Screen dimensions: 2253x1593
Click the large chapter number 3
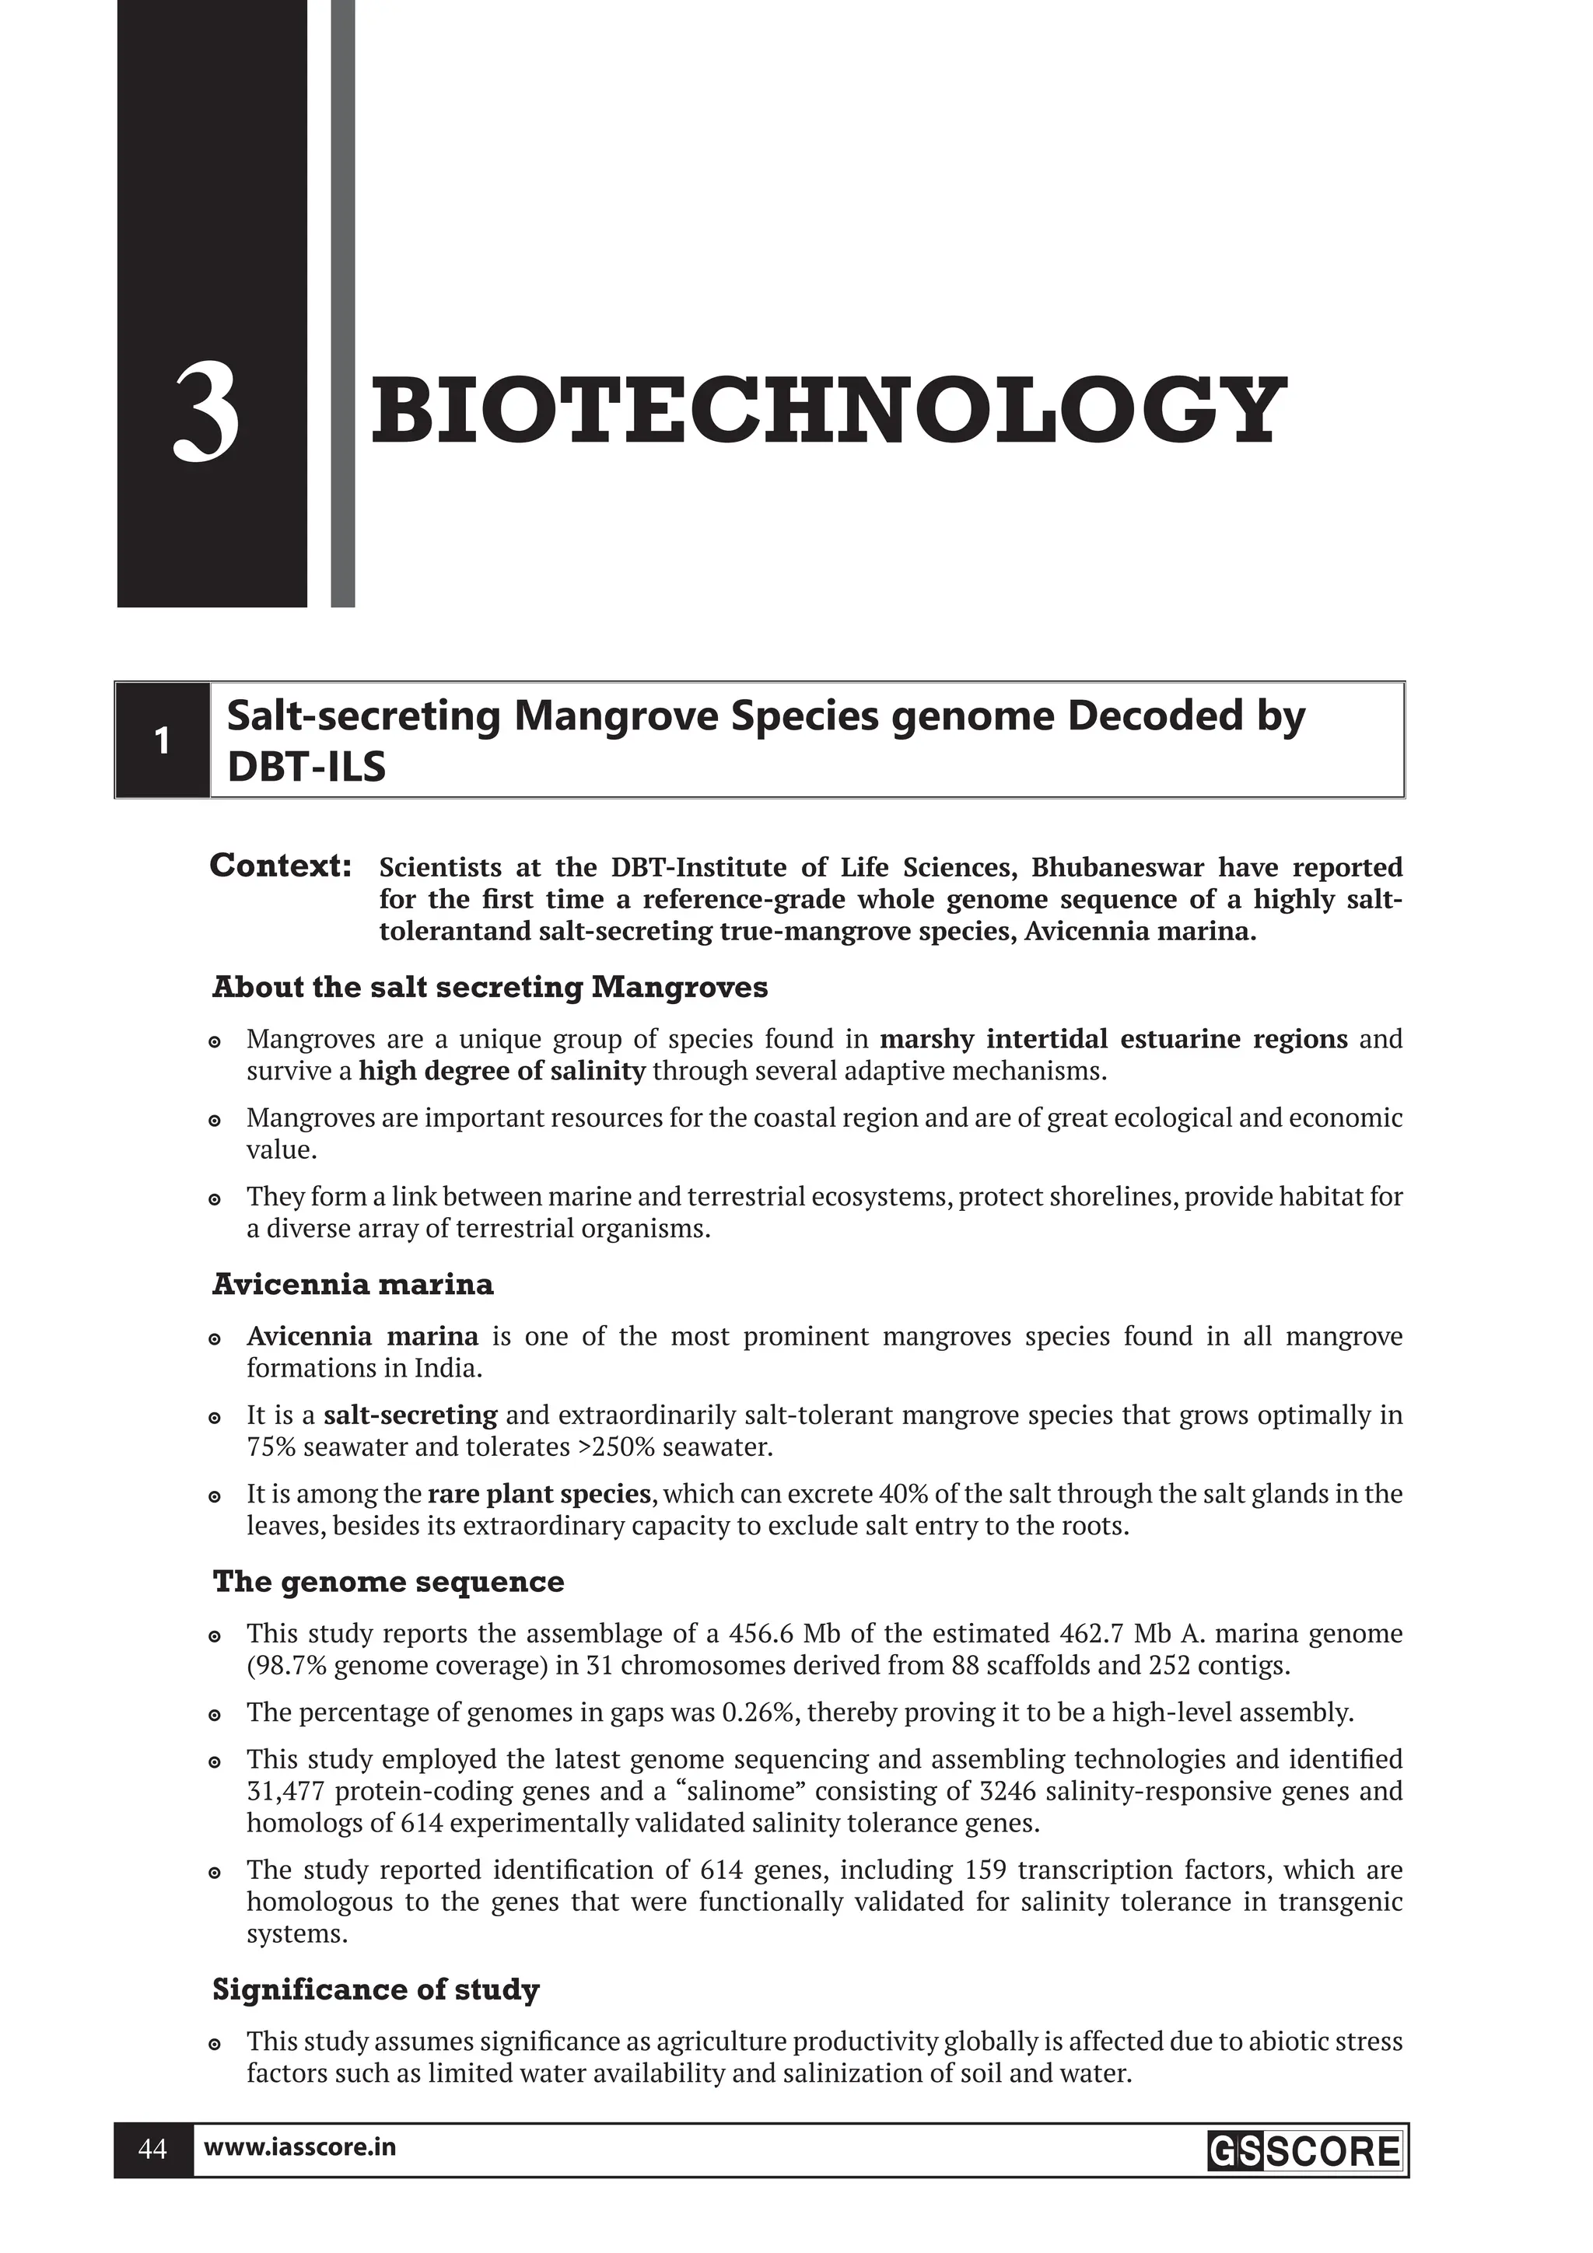pyautogui.click(x=207, y=411)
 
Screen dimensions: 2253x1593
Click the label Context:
pyautogui.click(x=281, y=866)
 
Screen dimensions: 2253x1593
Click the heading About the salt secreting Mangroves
pyautogui.click(x=490, y=987)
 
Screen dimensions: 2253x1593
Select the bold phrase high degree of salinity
pyautogui.click(x=502, y=1071)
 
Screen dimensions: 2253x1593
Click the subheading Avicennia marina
pyautogui.click(x=352, y=1285)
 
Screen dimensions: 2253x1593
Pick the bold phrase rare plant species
pyautogui.click(x=539, y=1495)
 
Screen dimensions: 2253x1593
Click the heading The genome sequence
pyautogui.click(x=389, y=1582)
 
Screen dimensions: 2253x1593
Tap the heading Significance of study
pyautogui.click(x=376, y=1990)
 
